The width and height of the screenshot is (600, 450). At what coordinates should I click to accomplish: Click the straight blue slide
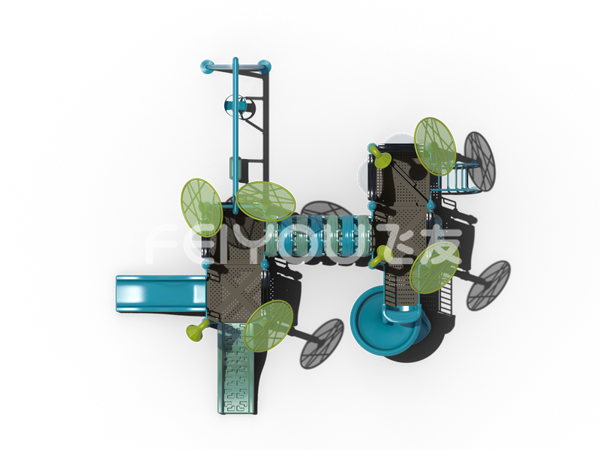click(160, 294)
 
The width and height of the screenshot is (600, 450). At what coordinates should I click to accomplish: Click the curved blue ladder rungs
click(457, 177)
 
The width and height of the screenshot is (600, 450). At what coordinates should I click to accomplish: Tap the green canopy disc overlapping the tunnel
click(266, 201)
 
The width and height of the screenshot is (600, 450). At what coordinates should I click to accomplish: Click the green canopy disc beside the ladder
click(435, 146)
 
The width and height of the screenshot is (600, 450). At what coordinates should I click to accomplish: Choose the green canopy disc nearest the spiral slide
click(434, 268)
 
